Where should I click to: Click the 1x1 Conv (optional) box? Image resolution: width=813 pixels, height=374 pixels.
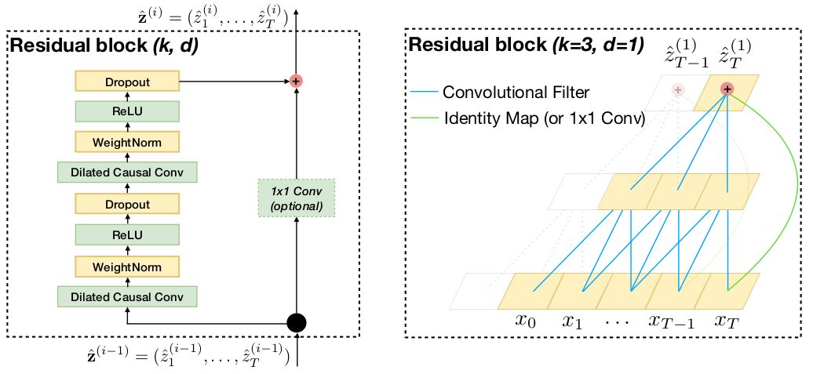297,198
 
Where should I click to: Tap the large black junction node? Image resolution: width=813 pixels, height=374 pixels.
296,321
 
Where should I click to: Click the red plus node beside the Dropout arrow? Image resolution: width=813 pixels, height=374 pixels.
296,81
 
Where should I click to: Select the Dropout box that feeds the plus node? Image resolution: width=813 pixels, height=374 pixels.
126,81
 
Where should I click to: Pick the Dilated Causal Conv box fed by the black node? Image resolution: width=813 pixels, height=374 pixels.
126,297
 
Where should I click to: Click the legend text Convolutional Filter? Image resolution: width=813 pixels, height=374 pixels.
516,93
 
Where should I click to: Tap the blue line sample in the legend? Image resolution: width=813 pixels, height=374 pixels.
423,93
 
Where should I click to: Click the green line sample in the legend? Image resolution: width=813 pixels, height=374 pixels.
423,119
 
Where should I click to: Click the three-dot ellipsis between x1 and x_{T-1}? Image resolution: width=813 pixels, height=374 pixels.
619,320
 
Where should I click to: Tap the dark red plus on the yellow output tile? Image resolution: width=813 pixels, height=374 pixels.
727,89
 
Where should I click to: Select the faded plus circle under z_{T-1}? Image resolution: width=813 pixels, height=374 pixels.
676,90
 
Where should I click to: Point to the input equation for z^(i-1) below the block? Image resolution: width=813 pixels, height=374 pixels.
203,358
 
